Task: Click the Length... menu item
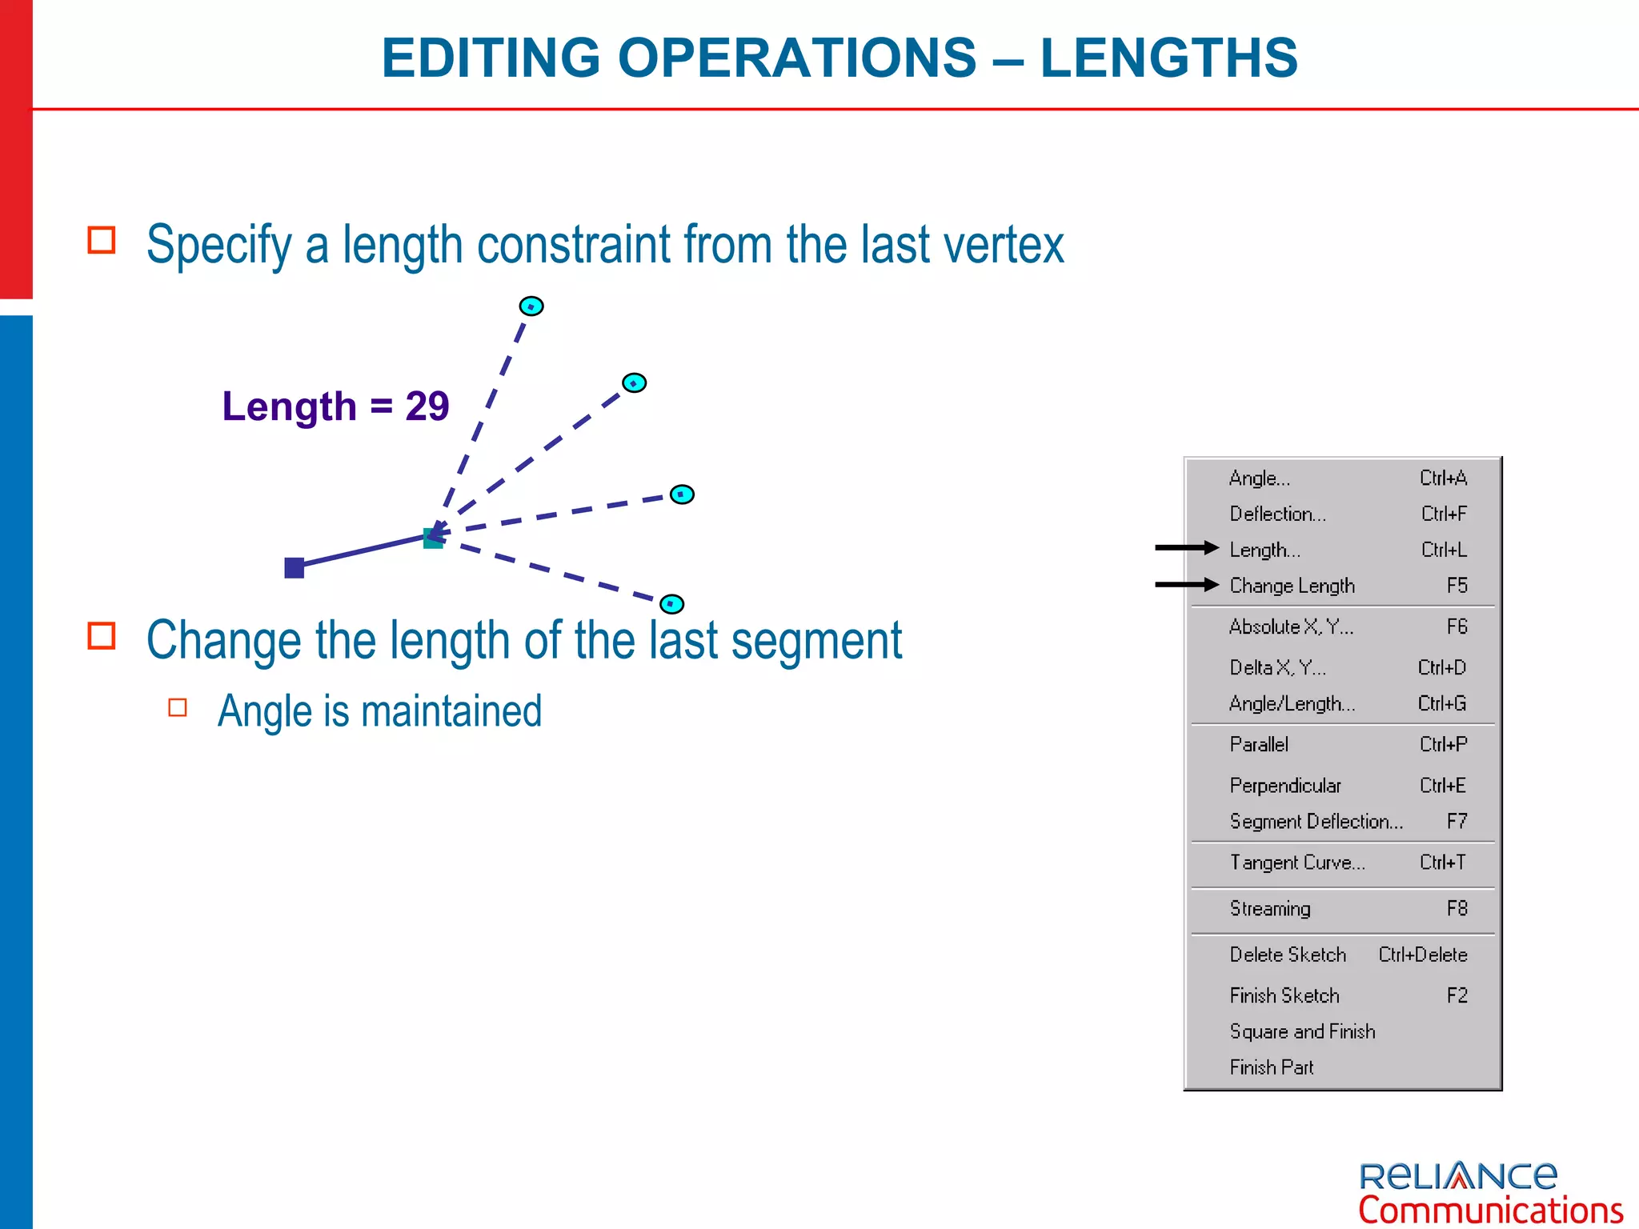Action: [1264, 550]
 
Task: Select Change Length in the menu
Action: [1292, 586]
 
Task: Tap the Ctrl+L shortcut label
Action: [1443, 550]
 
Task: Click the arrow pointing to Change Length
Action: [1186, 585]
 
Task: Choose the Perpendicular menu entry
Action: [1284, 786]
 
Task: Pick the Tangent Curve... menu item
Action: [1297, 863]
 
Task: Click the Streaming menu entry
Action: [1270, 909]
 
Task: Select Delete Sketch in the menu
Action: [1288, 955]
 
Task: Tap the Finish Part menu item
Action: [1272, 1067]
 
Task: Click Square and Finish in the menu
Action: [1302, 1031]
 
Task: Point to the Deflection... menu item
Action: [1277, 514]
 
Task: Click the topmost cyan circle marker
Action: [531, 306]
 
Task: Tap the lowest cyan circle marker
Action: [671, 604]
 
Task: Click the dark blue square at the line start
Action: [295, 568]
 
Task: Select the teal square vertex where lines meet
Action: [433, 538]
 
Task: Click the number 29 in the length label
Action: [427, 406]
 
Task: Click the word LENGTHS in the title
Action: [1168, 58]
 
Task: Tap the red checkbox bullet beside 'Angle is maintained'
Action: [178, 707]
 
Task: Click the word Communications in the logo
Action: [1490, 1211]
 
